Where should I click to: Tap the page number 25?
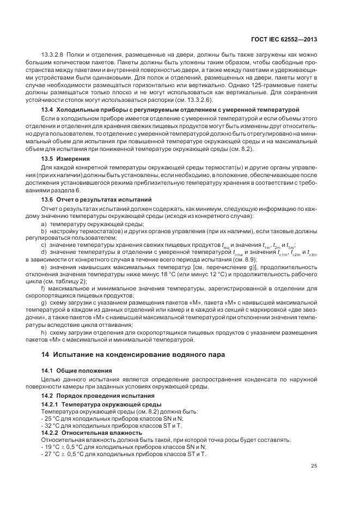tap(314, 465)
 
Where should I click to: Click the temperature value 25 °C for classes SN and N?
tap(53, 418)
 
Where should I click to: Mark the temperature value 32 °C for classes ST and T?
tap(53, 425)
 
